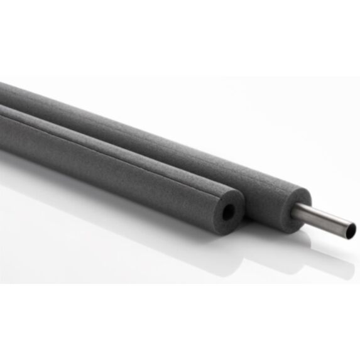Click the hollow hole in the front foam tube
[229, 212]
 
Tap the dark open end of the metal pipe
[350, 230]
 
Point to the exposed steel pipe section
[324, 219]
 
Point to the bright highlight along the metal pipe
[324, 215]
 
